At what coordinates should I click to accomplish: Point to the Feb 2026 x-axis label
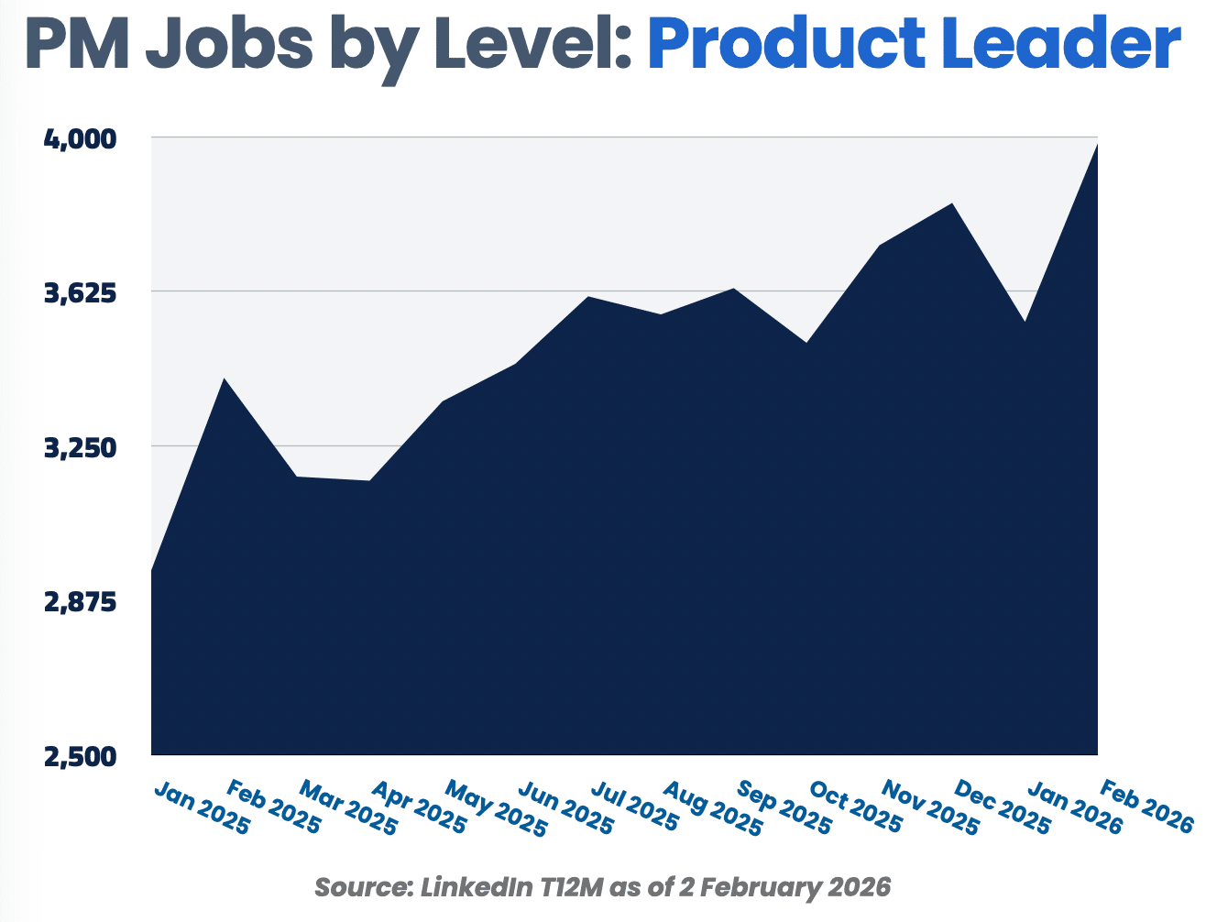click(x=1146, y=807)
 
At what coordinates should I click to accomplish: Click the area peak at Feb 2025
click(x=223, y=379)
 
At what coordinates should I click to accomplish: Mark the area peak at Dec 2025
click(x=953, y=203)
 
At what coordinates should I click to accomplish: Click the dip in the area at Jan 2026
click(x=1025, y=322)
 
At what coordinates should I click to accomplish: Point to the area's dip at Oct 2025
click(x=806, y=343)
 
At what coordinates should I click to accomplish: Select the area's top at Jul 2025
click(x=588, y=297)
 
